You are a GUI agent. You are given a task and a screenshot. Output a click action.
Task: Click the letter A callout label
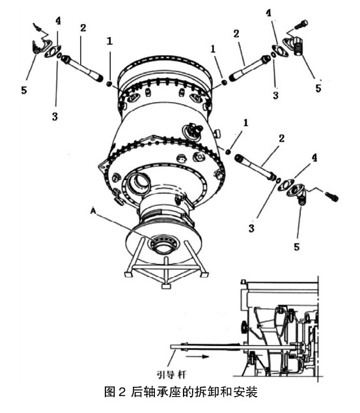(x=93, y=211)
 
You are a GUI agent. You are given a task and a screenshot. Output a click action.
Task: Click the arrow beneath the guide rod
(x=197, y=357)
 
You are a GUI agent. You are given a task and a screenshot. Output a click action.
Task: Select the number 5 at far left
(x=24, y=90)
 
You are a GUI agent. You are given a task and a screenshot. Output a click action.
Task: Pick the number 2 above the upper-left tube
(x=83, y=28)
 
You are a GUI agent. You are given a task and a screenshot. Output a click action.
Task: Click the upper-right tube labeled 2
(x=249, y=68)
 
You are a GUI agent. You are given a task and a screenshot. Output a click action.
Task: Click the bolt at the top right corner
(x=301, y=25)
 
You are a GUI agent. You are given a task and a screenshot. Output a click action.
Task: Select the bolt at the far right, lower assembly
(x=331, y=197)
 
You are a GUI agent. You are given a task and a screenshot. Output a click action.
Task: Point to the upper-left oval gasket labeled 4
(x=53, y=51)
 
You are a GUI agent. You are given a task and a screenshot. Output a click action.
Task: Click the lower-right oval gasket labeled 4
(x=285, y=185)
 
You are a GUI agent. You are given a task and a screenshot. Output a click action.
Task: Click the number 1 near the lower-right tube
(x=245, y=122)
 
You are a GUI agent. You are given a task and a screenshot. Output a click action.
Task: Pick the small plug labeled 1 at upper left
(x=109, y=84)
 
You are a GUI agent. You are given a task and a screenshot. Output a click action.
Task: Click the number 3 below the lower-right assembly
(x=251, y=228)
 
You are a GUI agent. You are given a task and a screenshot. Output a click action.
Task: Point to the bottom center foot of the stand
(x=166, y=286)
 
